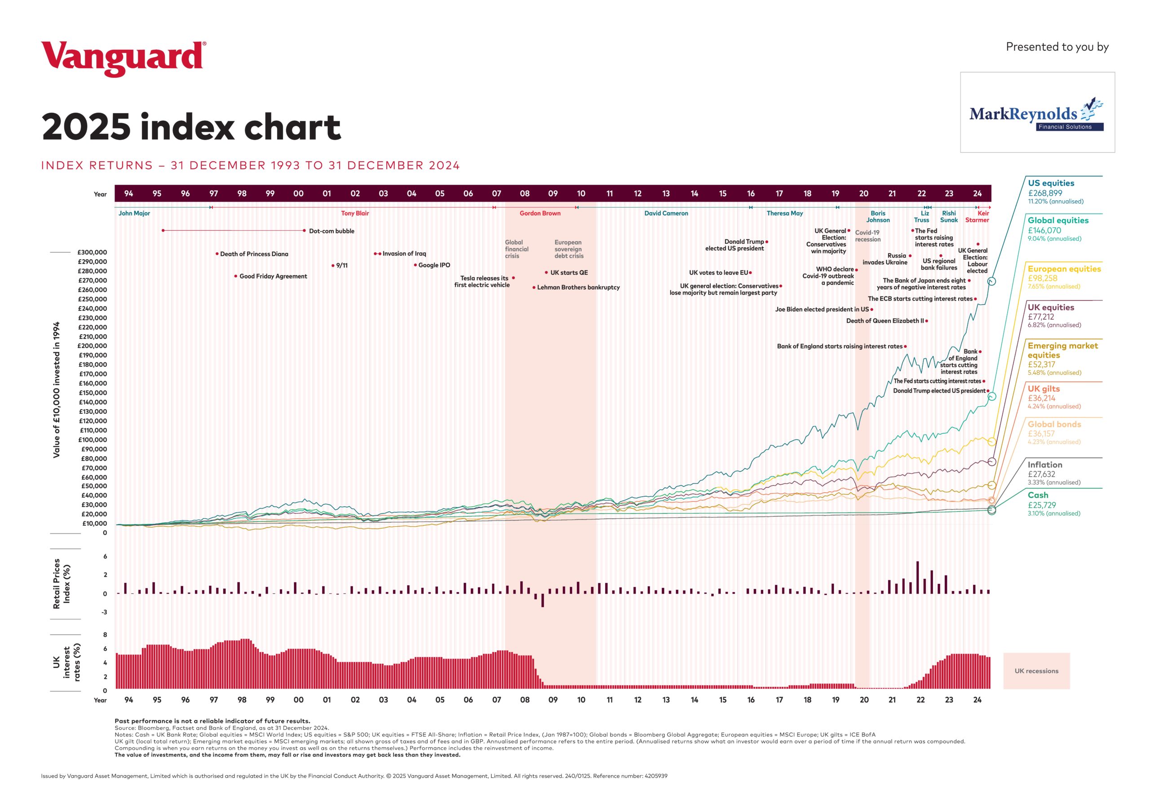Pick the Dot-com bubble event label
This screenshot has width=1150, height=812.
point(331,231)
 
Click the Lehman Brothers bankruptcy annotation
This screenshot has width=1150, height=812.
point(578,287)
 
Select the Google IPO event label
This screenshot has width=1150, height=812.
point(434,265)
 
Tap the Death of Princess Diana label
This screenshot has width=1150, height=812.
point(254,254)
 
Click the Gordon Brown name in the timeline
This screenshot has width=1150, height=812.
point(540,213)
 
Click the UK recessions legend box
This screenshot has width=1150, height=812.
point(1036,671)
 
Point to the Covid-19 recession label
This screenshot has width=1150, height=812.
point(867,236)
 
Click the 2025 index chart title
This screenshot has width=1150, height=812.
point(191,127)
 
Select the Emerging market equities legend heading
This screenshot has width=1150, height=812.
point(1062,350)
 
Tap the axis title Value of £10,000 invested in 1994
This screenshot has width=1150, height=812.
point(57,389)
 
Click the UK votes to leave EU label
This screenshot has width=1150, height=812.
point(718,273)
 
